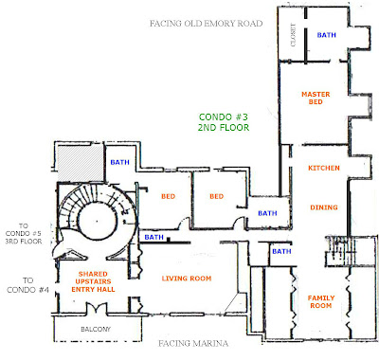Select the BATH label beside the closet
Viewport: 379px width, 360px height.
[x=327, y=35]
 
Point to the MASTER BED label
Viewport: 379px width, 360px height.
[x=315, y=100]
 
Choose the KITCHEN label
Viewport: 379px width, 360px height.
[x=318, y=168]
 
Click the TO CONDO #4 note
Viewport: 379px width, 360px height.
[x=27, y=286]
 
